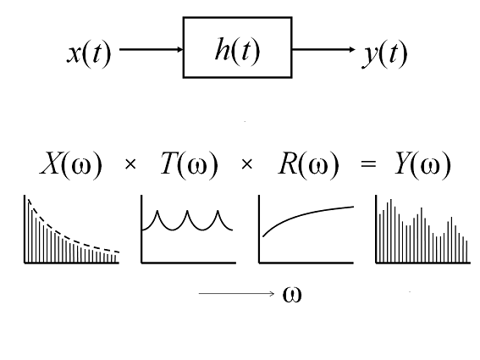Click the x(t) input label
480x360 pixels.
click(89, 53)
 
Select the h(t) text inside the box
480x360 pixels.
click(237, 50)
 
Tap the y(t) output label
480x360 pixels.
click(385, 54)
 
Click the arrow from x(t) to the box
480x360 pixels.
click(152, 49)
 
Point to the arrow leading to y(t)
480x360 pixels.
click(323, 49)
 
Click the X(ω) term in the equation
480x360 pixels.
click(71, 164)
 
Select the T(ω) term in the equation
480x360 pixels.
click(189, 164)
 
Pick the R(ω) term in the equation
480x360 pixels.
click(308, 164)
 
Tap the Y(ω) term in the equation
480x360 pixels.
click(422, 164)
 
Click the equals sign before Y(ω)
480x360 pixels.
click(368, 164)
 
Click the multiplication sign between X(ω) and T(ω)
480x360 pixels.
click(130, 164)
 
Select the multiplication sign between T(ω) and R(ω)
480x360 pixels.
click(246, 164)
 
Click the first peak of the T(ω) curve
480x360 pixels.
click(157, 211)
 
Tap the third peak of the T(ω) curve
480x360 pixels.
click(218, 211)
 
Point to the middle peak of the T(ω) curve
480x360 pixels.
click(187, 211)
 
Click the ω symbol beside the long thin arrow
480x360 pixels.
click(292, 295)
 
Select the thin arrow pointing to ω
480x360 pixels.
click(237, 294)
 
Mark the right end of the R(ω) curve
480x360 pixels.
click(354, 207)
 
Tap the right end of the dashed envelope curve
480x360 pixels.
click(119, 252)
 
